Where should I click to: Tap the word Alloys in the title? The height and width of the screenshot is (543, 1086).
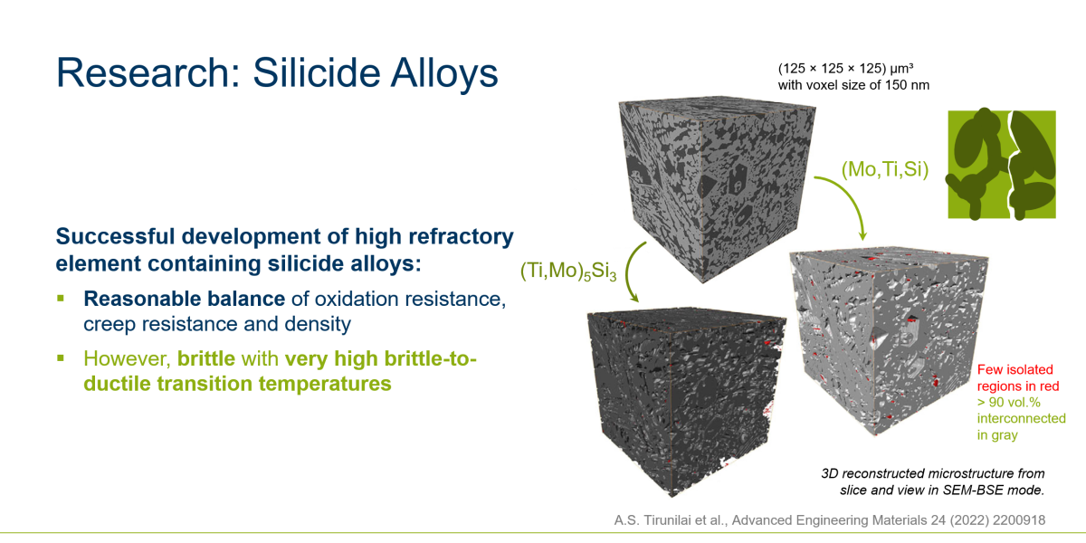444,72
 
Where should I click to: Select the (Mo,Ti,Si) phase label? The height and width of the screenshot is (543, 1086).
885,169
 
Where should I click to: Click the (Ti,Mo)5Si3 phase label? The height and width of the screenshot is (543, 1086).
568,271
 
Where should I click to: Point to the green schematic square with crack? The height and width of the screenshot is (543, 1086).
1002,165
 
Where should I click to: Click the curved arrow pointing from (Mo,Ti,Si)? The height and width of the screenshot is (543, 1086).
851,196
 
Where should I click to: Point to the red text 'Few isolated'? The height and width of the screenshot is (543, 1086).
1015,369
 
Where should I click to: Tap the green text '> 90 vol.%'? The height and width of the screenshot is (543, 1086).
1008,403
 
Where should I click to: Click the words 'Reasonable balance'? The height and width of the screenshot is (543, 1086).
185,299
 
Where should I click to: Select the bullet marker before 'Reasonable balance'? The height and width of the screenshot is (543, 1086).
61,298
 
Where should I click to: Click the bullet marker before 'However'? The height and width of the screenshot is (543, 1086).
61,358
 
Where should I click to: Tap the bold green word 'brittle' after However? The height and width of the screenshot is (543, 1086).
206,358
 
